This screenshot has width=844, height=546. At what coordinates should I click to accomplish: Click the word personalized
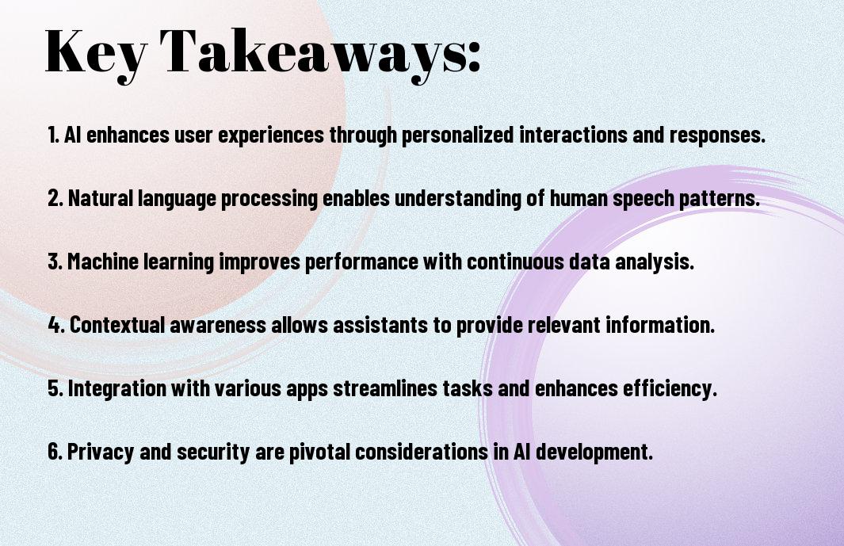[x=457, y=135]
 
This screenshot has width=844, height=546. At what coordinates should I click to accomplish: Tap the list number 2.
[x=55, y=198]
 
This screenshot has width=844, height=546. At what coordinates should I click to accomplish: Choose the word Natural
[x=100, y=197]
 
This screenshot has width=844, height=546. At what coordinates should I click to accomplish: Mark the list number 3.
[x=55, y=262]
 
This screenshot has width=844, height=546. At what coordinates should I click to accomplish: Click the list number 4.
[x=56, y=325]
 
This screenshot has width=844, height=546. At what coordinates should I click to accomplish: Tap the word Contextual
[x=117, y=325]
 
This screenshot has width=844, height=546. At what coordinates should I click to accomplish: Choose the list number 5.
[x=55, y=388]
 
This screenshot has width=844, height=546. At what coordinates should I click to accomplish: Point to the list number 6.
[x=55, y=451]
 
